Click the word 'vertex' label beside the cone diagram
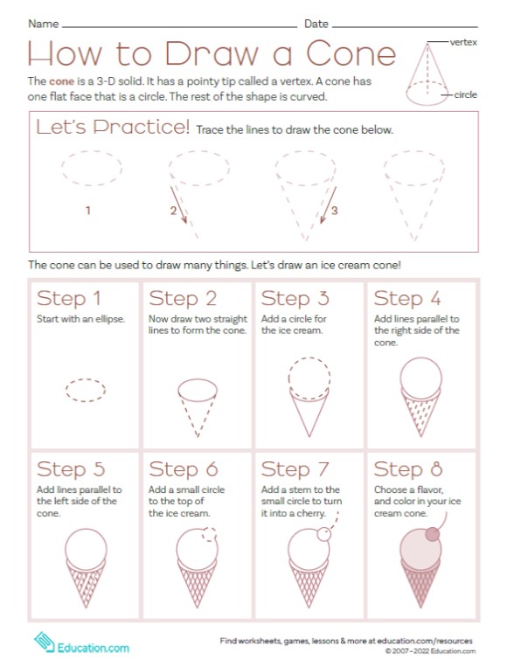[x=462, y=42]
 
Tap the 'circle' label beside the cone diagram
[x=465, y=94]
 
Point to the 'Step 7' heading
[x=295, y=470]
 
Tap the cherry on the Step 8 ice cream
[x=433, y=535]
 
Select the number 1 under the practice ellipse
[x=87, y=211]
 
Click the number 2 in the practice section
[x=173, y=211]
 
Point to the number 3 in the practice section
[x=334, y=211]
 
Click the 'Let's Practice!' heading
[x=112, y=128]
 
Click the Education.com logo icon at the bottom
[x=42, y=642]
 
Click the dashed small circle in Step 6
[x=206, y=537]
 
